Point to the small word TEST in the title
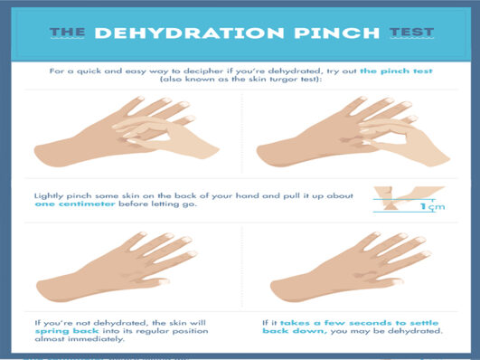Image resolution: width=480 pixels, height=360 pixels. coord(412,33)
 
